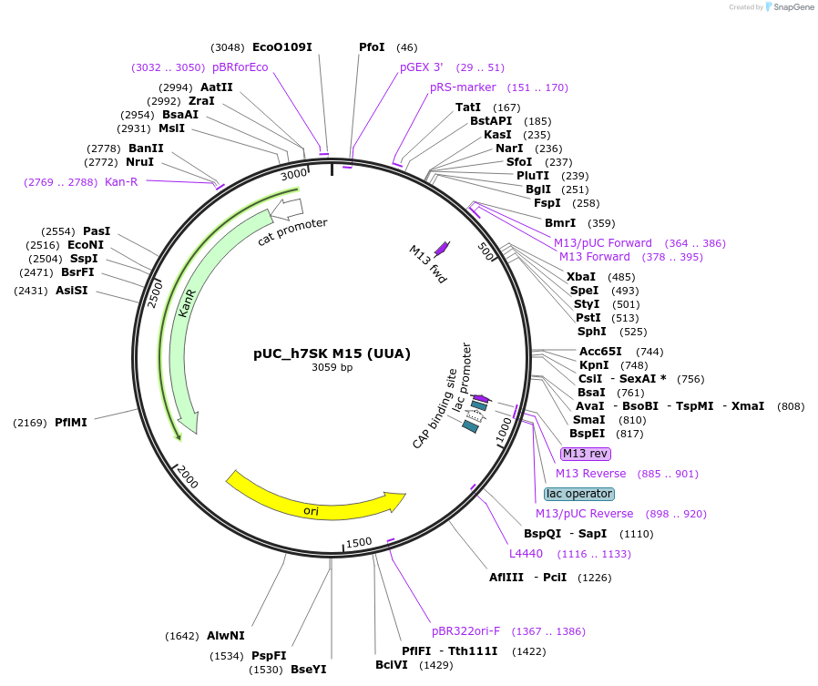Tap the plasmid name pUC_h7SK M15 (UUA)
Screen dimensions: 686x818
pyautogui.click(x=332, y=353)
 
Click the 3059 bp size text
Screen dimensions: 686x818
pyautogui.click(x=332, y=368)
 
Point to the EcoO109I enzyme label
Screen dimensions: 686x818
pyautogui.click(x=282, y=47)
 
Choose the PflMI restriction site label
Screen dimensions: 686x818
pyautogui.click(x=71, y=423)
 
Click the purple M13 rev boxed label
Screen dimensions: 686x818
pyautogui.click(x=585, y=454)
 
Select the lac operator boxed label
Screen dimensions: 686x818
pyautogui.click(x=579, y=494)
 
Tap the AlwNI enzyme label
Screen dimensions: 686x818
pyautogui.click(x=226, y=636)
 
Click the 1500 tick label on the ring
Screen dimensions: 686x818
pyautogui.click(x=359, y=543)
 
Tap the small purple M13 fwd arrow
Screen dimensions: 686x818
pyautogui.click(x=442, y=247)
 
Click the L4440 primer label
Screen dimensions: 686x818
pyautogui.click(x=526, y=554)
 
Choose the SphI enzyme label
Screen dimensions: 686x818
pyautogui.click(x=591, y=332)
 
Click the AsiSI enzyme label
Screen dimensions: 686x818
pyautogui.click(x=71, y=291)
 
